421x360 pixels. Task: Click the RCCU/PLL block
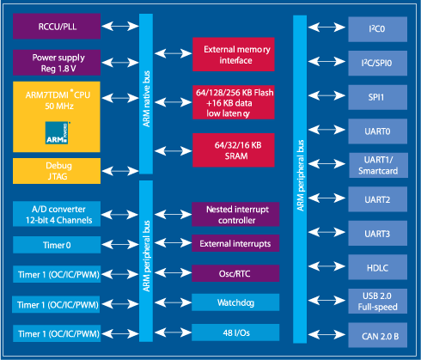(57, 26)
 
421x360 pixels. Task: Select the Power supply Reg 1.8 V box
(57, 63)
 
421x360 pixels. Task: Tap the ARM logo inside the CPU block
(58, 133)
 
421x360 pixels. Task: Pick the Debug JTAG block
(57, 171)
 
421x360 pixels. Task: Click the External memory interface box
(234, 54)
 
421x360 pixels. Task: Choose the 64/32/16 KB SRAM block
(234, 150)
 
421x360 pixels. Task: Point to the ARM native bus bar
(146, 94)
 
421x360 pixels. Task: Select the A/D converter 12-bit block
(57, 214)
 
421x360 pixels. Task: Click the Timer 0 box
(57, 245)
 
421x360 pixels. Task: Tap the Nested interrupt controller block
(235, 214)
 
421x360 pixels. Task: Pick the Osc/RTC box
(235, 273)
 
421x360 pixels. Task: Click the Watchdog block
(235, 302)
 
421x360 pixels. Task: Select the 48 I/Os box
(235, 333)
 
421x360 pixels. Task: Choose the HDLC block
(378, 267)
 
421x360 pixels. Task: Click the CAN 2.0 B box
(378, 335)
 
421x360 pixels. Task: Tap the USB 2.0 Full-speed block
(378, 301)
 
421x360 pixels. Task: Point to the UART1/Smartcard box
(378, 165)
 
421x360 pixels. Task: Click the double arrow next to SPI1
(326, 95)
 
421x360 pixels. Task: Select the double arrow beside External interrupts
(173, 243)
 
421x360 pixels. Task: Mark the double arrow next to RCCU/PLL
(120, 27)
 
